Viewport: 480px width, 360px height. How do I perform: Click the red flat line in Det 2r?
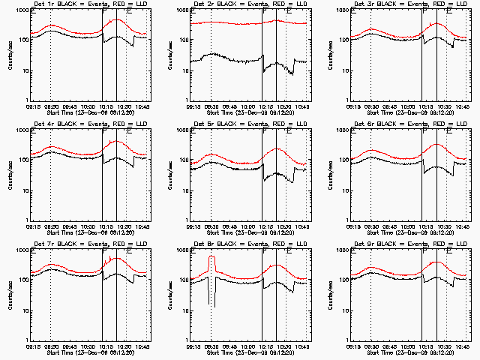225,23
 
